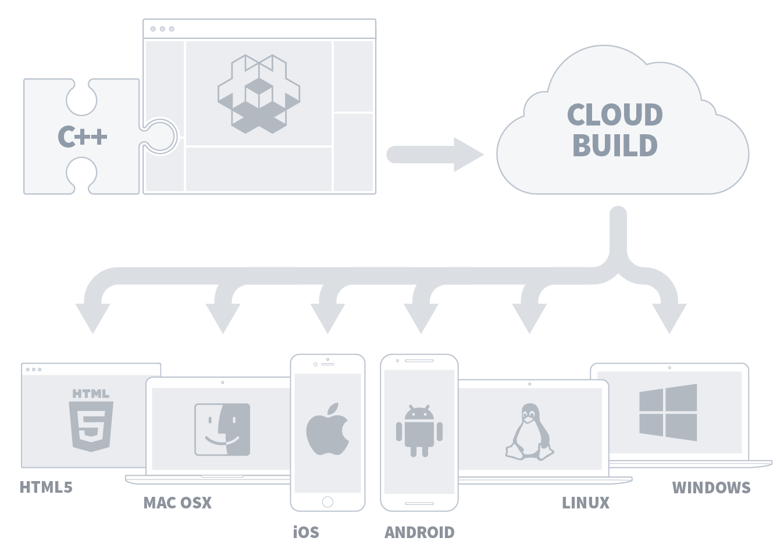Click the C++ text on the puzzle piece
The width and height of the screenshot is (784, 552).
(83, 137)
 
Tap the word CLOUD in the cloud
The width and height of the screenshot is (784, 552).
(615, 114)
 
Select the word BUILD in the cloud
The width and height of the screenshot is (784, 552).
(615, 145)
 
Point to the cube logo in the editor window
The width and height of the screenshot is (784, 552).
(259, 94)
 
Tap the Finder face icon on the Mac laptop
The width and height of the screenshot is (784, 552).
(222, 429)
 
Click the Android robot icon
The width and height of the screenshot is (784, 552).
(419, 431)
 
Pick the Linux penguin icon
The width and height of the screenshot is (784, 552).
(529, 432)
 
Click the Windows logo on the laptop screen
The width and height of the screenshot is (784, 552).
(668, 412)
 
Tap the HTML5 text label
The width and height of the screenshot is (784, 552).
(46, 487)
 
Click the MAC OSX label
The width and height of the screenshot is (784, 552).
(177, 503)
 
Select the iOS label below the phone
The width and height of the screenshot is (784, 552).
(306, 532)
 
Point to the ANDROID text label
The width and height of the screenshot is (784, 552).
(419, 532)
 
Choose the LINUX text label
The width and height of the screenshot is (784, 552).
(586, 503)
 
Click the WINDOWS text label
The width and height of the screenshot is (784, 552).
(711, 488)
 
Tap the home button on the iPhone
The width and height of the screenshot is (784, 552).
(327, 501)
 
